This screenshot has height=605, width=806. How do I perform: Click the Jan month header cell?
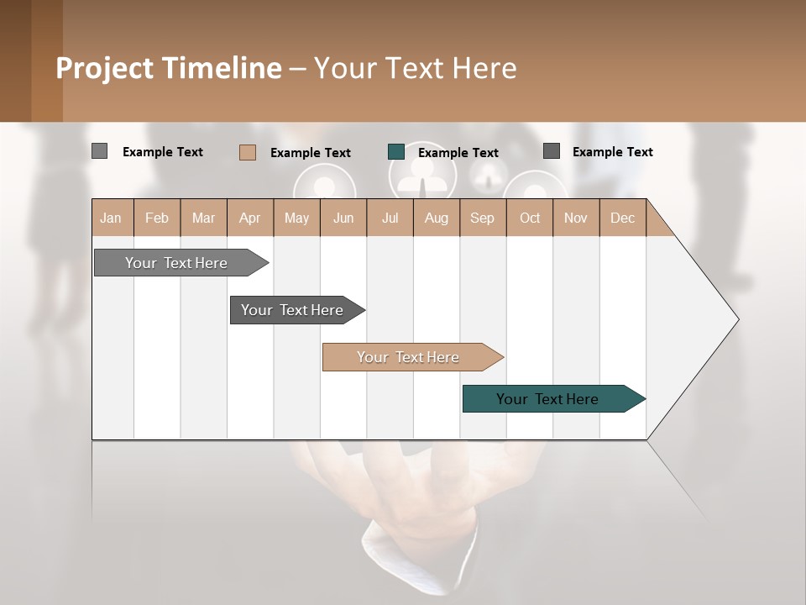(x=112, y=218)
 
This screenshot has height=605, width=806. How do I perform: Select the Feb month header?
(x=157, y=218)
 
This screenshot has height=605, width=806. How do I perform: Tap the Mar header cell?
(x=203, y=218)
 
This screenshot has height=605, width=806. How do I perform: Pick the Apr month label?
(x=250, y=218)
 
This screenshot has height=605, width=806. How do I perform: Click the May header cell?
(x=296, y=218)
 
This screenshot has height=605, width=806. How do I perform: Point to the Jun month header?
(x=343, y=218)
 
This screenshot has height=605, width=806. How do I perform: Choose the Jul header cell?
(x=390, y=218)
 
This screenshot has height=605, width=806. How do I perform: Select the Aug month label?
(x=437, y=218)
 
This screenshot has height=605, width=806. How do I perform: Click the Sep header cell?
(x=483, y=218)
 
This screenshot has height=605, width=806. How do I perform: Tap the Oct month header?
(x=530, y=218)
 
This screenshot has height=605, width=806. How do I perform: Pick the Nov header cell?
(x=576, y=218)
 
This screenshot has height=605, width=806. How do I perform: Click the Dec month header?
(x=623, y=218)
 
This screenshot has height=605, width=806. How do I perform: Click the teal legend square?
(x=396, y=152)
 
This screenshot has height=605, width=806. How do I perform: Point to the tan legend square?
(x=248, y=152)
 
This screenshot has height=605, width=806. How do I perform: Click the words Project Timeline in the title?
(x=169, y=68)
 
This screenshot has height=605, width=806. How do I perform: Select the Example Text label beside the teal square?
(x=458, y=153)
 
